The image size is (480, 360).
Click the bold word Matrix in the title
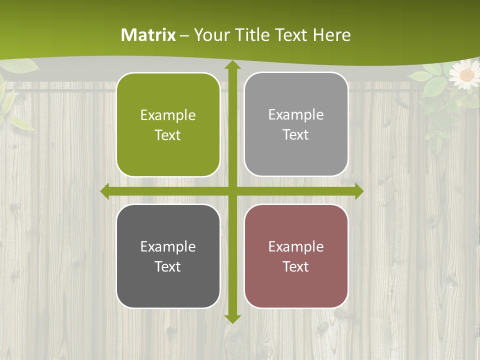coord(148,35)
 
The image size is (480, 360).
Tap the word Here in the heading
coord(331,35)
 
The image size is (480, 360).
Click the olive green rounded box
coord(168,125)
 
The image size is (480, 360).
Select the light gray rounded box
coord(296,124)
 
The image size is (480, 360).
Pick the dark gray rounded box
coord(168,256)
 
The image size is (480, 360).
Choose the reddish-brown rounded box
coord(296,256)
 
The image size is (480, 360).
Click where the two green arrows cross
coord(232,191)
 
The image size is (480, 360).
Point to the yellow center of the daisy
coord(466,75)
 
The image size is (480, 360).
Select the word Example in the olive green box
coord(168,115)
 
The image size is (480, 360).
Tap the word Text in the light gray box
coord(296,135)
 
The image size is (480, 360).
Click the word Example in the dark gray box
coord(168,246)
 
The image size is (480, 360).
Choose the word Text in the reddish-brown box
coord(296,266)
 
